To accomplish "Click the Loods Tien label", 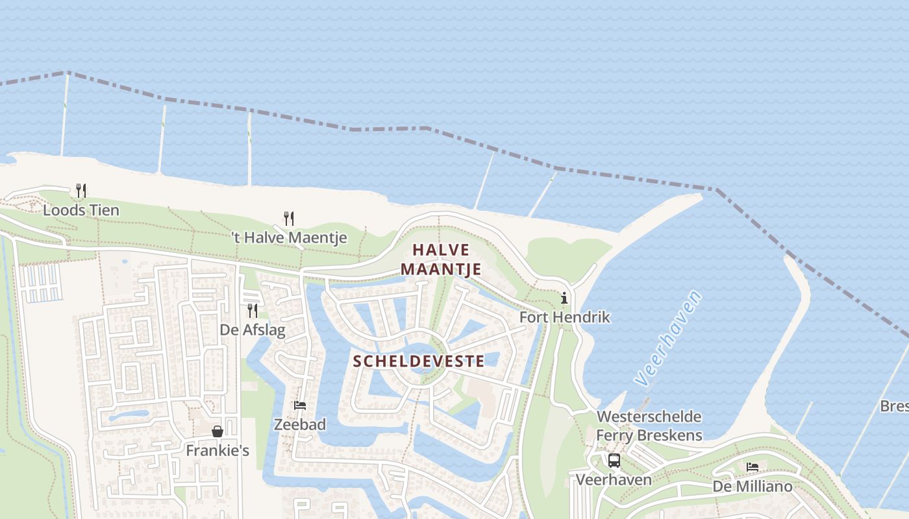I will click(x=81, y=210).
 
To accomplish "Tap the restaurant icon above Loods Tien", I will click(x=81, y=191).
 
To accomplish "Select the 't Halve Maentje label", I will click(x=289, y=238).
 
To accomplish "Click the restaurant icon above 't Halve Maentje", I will click(x=289, y=218).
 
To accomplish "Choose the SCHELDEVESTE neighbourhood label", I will click(x=419, y=361).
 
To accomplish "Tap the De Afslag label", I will click(x=253, y=330).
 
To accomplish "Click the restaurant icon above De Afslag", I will click(x=252, y=311).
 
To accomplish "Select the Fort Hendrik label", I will click(x=565, y=317).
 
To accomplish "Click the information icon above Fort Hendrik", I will click(x=564, y=298).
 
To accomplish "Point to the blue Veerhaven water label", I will click(x=669, y=339).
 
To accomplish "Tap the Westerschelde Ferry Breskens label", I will click(x=649, y=426).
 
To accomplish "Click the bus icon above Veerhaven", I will click(x=614, y=461).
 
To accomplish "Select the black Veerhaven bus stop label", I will click(x=614, y=480).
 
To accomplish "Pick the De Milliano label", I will click(x=753, y=487).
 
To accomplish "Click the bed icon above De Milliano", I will click(x=753, y=467).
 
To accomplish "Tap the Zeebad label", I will click(x=300, y=425).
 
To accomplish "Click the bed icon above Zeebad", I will click(x=300, y=405).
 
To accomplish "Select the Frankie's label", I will click(x=218, y=450).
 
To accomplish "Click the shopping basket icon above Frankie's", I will click(x=218, y=431).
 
